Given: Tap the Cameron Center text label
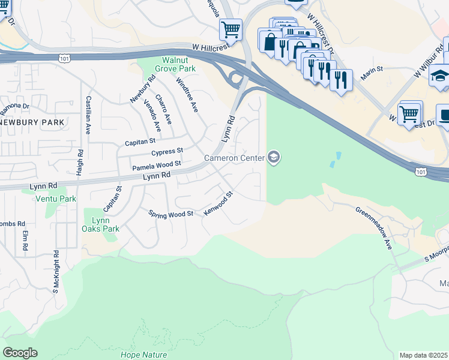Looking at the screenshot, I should (x=234, y=158).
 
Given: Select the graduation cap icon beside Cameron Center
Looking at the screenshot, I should (x=274, y=158).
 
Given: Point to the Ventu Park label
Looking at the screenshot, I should (x=56, y=199).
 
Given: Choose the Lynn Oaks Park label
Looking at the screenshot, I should (x=101, y=224).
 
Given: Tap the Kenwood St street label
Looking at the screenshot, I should (x=218, y=204).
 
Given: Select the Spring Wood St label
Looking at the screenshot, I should (x=171, y=214).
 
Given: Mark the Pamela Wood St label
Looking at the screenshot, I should (x=157, y=164).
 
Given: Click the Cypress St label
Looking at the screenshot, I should (x=167, y=151).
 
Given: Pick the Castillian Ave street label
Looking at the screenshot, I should (x=89, y=115).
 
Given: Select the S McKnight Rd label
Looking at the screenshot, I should (x=55, y=272).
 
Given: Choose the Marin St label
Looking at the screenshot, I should (x=372, y=74).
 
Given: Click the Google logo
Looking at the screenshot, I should (x=20, y=353).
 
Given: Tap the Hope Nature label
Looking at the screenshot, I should (x=144, y=354).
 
